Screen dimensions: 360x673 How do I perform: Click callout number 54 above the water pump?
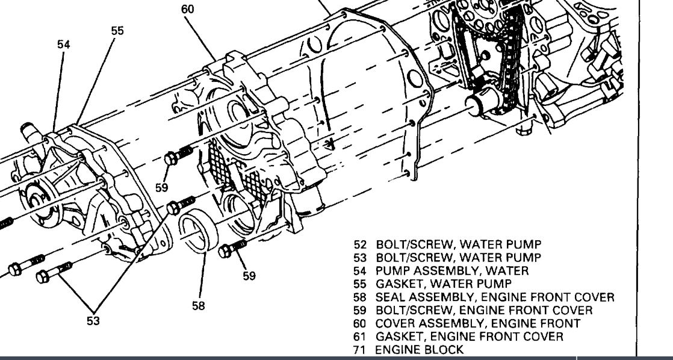click(63, 45)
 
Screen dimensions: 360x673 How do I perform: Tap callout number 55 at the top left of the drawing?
click(117, 31)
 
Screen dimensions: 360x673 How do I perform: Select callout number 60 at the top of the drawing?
click(188, 8)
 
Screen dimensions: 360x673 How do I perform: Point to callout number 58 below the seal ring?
click(199, 306)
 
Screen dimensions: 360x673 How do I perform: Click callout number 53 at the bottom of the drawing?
click(93, 321)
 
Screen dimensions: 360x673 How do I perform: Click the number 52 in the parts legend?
click(360, 244)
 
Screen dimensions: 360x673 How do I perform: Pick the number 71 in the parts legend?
click(360, 350)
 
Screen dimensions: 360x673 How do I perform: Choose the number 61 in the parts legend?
click(360, 337)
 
